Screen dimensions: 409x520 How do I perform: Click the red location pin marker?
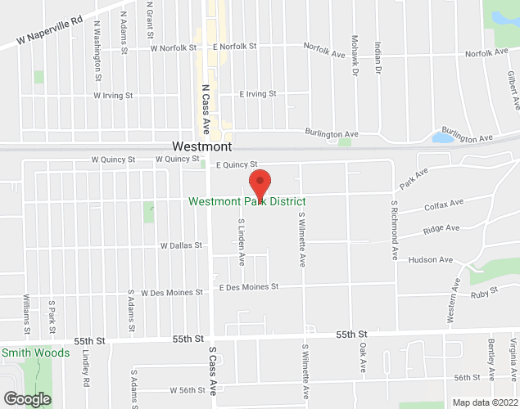point(260,182)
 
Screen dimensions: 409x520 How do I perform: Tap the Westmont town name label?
point(201,146)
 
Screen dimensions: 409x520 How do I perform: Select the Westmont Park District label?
point(246,201)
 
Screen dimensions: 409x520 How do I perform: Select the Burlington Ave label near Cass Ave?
point(332,133)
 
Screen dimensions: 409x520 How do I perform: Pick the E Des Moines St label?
point(249,287)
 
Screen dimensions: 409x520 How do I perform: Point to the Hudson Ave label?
point(432,260)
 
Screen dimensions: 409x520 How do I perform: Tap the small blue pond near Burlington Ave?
point(442,137)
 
